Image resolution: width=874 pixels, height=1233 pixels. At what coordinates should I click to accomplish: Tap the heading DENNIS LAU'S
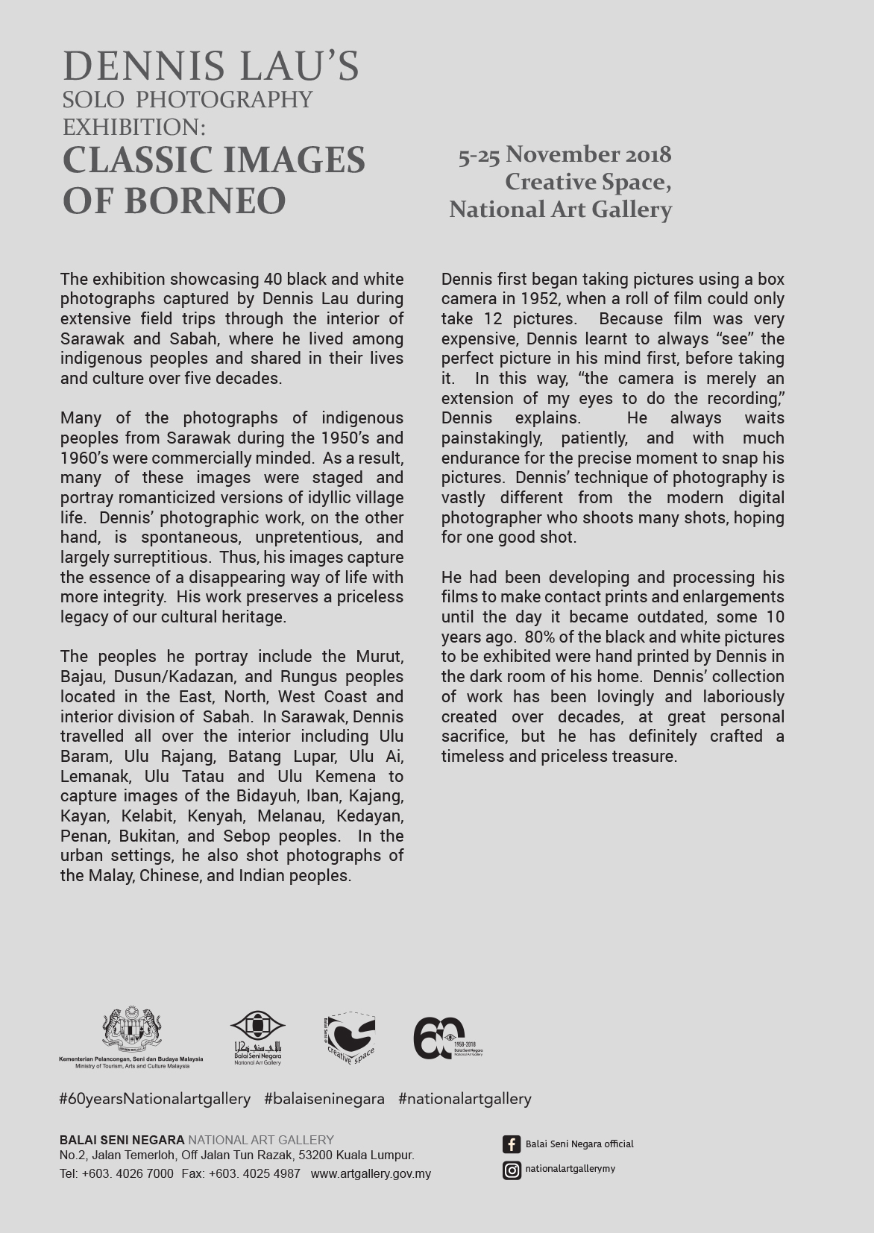click(x=211, y=66)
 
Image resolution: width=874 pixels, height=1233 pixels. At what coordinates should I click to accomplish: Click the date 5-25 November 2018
click(x=565, y=155)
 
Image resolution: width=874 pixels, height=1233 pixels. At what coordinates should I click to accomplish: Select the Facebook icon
click(x=511, y=1144)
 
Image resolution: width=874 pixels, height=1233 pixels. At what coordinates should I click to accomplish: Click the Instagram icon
click(x=511, y=1170)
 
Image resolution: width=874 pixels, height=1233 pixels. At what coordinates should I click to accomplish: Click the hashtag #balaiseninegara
click(x=324, y=1099)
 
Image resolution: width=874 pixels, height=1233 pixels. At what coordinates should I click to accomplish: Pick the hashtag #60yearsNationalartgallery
click(x=154, y=1099)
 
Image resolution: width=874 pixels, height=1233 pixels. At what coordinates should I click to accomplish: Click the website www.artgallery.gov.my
click(x=371, y=1173)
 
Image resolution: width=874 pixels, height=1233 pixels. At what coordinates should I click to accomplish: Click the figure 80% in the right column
click(x=541, y=637)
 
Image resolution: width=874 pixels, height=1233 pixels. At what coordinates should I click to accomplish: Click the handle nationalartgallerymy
click(x=570, y=1169)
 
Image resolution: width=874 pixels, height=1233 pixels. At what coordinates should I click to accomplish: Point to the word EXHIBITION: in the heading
click(x=133, y=127)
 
